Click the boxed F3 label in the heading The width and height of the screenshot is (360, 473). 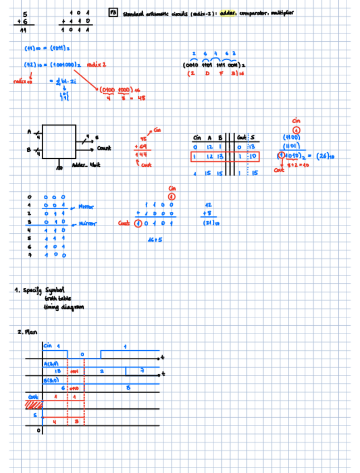113,12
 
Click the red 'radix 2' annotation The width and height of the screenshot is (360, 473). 96,65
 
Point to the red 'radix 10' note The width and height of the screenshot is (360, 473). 21,81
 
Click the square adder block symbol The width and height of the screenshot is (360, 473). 59,142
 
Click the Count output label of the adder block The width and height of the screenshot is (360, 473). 104,148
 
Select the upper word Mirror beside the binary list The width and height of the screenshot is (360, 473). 87,206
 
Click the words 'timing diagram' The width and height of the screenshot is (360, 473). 65,307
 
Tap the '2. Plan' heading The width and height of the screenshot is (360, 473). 27,332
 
